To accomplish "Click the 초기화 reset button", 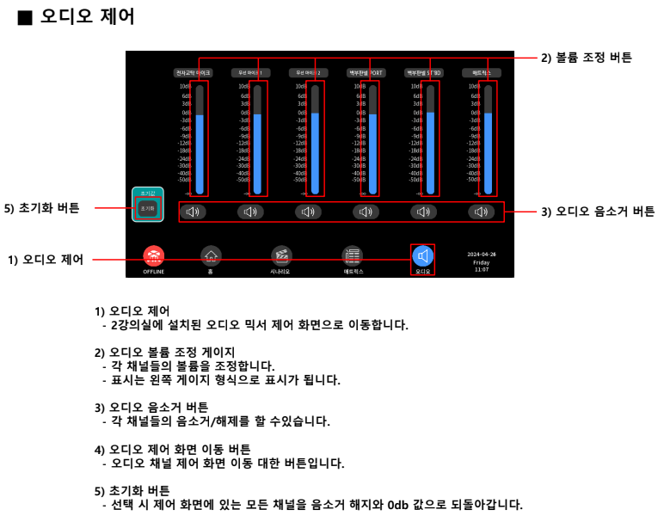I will click(x=147, y=209).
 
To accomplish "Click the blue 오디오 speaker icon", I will click(x=422, y=255).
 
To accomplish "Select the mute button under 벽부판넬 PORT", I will click(x=366, y=211).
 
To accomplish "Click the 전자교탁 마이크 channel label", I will click(x=192, y=73).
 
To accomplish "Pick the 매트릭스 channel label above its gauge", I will click(x=482, y=73).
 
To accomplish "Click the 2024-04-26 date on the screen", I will click(x=482, y=255).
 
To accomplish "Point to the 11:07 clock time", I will click(x=482, y=270).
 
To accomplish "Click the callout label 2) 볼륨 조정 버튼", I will click(x=586, y=58).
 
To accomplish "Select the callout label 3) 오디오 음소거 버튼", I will click(x=597, y=212).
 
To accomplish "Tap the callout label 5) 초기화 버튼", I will click(x=43, y=208).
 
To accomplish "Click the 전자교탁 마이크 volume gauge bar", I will click(x=200, y=142).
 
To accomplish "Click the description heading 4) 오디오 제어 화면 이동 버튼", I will click(x=172, y=450).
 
